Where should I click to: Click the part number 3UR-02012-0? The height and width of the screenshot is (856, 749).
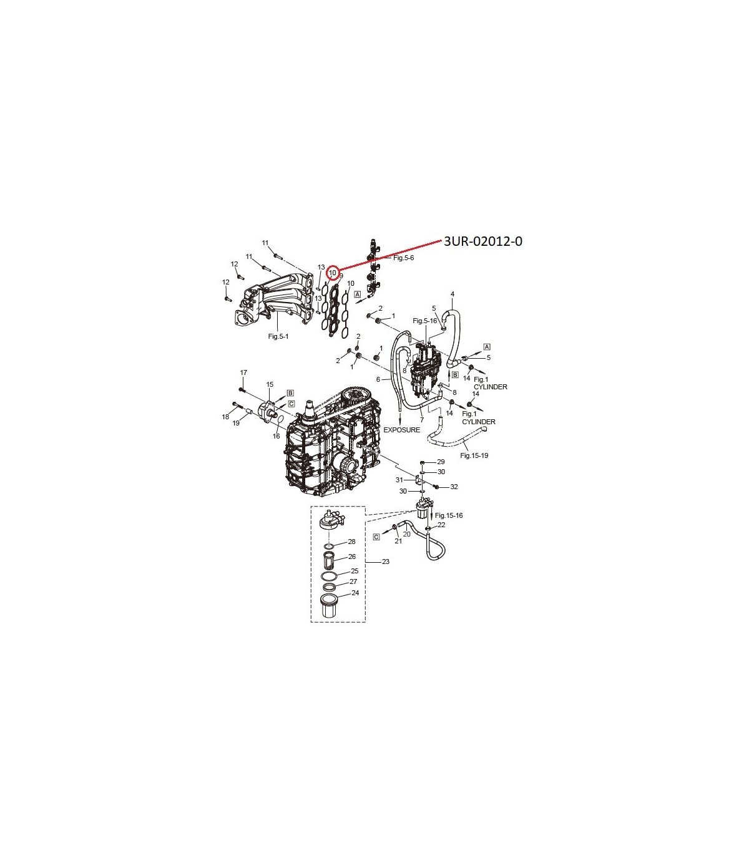[x=483, y=242]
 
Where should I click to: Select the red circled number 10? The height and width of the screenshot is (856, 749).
[x=333, y=273]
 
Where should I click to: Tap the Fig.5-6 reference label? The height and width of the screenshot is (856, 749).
[x=403, y=258]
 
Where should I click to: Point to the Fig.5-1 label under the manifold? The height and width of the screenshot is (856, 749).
[x=278, y=336]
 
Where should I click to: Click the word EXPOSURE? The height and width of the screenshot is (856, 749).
[x=402, y=430]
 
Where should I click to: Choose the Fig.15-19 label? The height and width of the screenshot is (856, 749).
[x=474, y=455]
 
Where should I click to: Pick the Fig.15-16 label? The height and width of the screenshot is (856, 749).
[x=449, y=515]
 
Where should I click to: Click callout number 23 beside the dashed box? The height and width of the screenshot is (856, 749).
[x=385, y=562]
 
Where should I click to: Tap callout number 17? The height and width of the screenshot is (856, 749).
[x=243, y=372]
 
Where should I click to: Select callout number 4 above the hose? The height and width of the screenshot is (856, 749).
[x=453, y=294]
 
